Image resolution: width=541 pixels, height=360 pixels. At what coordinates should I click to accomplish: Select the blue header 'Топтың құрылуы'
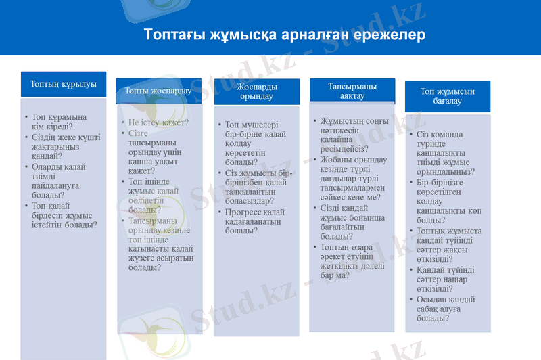(64, 85)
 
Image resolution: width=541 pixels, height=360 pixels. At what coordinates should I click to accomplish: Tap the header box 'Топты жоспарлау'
(158, 91)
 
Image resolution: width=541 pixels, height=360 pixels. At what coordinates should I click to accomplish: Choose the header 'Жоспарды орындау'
(256, 91)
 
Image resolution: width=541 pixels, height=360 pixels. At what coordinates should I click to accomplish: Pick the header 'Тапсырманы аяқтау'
(352, 91)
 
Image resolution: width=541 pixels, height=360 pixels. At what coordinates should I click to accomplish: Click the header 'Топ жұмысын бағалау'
(447, 96)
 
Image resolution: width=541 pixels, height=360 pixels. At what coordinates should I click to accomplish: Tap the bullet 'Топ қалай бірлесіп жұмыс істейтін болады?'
(64, 215)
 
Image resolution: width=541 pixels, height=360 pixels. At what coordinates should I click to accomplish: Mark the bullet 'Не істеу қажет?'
(158, 122)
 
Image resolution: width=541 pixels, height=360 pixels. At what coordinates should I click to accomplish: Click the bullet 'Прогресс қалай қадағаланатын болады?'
(254, 221)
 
